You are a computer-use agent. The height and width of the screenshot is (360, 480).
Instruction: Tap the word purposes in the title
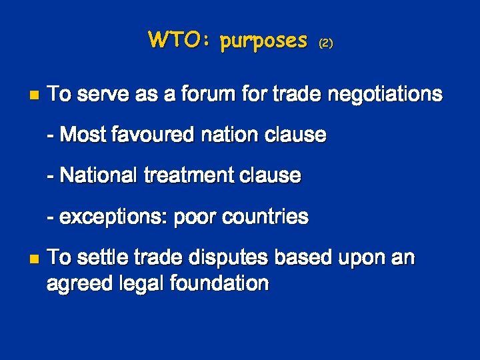coord(263,41)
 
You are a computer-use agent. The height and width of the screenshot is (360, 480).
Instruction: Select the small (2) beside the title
coord(325,43)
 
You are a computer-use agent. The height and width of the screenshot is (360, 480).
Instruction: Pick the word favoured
coord(157,135)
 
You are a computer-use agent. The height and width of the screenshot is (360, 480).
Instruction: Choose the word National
coord(98,176)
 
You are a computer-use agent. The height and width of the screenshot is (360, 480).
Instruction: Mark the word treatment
coord(181,176)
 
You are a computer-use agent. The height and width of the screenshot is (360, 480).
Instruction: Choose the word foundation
coord(219,283)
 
